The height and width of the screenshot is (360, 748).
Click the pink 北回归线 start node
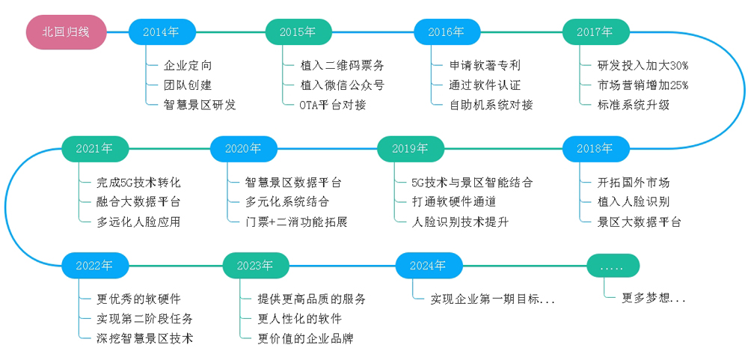65,32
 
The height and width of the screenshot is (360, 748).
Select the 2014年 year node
162,32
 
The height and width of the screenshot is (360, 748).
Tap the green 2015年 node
298,32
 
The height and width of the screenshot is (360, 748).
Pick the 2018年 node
595,149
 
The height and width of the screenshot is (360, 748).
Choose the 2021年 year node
94,149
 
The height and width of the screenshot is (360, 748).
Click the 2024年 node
429,265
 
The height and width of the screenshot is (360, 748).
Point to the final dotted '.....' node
613,265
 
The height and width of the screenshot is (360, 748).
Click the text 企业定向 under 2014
188,65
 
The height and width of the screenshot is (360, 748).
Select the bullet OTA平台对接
333,105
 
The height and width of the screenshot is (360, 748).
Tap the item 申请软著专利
484,65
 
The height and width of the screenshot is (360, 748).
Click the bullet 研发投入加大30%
643,65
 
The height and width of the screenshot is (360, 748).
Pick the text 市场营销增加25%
643,85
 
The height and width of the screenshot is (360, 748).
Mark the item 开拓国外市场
633,182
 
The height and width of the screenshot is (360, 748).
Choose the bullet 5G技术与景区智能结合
472,182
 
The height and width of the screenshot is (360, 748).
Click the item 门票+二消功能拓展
295,222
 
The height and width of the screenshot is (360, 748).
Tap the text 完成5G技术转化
138,182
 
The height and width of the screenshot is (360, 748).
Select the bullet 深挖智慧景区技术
144,339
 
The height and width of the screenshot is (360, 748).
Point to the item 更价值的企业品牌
305,339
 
